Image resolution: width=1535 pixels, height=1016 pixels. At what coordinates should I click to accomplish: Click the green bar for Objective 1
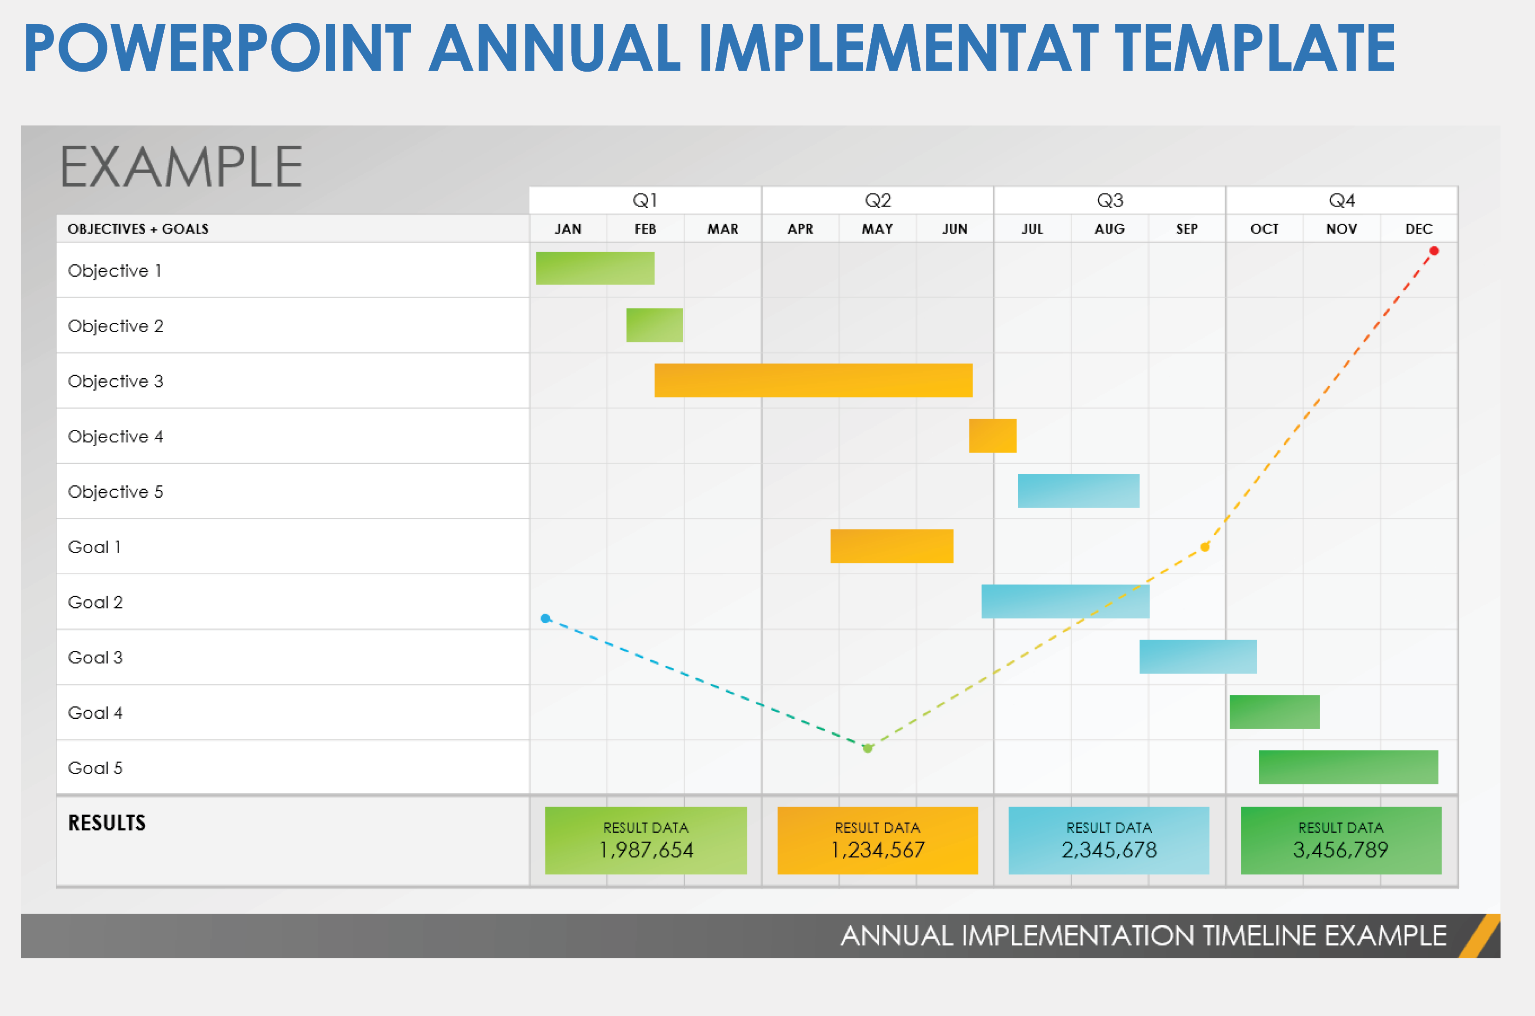(595, 268)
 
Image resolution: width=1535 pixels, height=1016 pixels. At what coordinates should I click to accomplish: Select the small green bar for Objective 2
(654, 325)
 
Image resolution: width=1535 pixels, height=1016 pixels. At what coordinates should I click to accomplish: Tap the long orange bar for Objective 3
(813, 381)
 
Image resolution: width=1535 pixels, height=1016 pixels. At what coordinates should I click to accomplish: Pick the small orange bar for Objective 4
(992, 435)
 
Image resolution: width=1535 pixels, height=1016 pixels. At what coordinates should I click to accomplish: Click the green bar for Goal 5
(1348, 767)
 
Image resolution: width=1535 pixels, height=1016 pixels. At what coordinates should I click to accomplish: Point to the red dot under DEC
(1434, 251)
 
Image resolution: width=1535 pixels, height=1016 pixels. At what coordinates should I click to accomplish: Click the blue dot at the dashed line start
(546, 618)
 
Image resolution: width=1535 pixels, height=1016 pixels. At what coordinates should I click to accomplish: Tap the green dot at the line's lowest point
(868, 749)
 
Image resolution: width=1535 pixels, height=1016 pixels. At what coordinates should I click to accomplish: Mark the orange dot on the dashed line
(1205, 547)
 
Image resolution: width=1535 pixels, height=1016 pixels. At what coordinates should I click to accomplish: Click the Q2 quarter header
(877, 200)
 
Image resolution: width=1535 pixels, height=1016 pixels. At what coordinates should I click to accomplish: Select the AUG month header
(1109, 229)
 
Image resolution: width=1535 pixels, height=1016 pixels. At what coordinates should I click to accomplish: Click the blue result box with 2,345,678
(1108, 841)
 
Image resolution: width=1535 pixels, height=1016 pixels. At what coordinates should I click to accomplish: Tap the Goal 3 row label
(95, 657)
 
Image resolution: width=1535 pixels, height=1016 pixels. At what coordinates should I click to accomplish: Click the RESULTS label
(107, 823)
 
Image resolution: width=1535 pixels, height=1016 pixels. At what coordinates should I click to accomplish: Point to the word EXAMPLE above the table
(181, 167)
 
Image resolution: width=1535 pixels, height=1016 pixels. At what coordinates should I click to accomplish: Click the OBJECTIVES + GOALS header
(138, 229)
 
